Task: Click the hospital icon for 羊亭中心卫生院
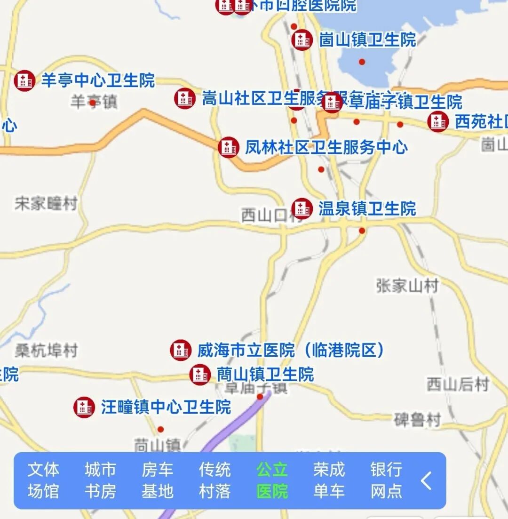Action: click(x=25, y=80)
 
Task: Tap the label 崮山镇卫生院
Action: click(x=367, y=40)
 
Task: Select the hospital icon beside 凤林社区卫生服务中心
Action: click(x=229, y=147)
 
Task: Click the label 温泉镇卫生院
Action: click(x=367, y=208)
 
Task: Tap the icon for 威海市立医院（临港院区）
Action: click(x=181, y=350)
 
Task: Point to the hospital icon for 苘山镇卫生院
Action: click(x=200, y=375)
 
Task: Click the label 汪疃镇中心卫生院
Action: click(x=166, y=407)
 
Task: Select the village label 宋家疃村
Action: click(x=46, y=204)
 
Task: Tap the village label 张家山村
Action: click(x=407, y=285)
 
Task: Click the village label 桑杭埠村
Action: click(x=46, y=351)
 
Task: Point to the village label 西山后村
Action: click(x=458, y=384)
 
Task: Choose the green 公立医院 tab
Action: click(x=272, y=480)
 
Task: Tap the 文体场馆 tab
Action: click(x=43, y=480)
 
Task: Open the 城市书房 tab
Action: click(x=100, y=480)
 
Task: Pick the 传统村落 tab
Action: click(x=214, y=480)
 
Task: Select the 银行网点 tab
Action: click(x=386, y=480)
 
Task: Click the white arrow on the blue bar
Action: click(x=426, y=481)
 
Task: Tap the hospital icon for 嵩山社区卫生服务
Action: click(x=185, y=99)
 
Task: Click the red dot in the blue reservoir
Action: click(x=362, y=62)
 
